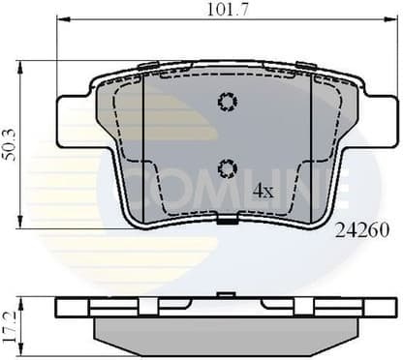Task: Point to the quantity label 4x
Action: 263,191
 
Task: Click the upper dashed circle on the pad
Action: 228,102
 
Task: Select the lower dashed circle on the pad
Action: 228,168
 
